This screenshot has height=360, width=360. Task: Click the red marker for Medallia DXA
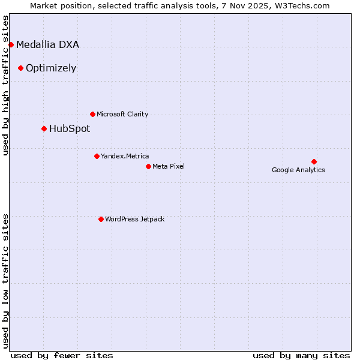pyautogui.click(x=11, y=44)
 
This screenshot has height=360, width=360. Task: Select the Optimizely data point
pyautogui.click(x=20, y=68)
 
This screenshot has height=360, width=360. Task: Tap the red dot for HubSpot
pyautogui.click(x=44, y=128)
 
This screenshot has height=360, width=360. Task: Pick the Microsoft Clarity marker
pyautogui.click(x=92, y=114)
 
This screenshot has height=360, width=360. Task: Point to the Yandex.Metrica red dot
pyautogui.click(x=97, y=156)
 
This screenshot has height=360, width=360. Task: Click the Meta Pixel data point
pyautogui.click(x=148, y=166)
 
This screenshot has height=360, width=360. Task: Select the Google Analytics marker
pyautogui.click(x=314, y=161)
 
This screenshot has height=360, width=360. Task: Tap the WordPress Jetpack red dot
pyautogui.click(x=101, y=219)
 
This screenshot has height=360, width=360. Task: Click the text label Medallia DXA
pyautogui.click(x=47, y=44)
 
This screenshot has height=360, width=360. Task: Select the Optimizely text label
pyautogui.click(x=51, y=68)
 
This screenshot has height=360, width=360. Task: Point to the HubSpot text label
pyautogui.click(x=70, y=128)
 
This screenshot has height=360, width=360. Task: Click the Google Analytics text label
pyautogui.click(x=298, y=170)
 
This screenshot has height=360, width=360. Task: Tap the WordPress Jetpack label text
pyautogui.click(x=134, y=219)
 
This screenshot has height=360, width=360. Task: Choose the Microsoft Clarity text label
pyautogui.click(x=122, y=114)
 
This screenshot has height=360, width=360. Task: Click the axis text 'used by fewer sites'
pyautogui.click(x=62, y=355)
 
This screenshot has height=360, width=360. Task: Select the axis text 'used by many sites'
pyautogui.click(x=301, y=355)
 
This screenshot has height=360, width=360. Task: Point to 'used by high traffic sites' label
pyautogui.click(x=6, y=85)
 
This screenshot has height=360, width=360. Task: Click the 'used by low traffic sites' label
pyautogui.click(x=6, y=280)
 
